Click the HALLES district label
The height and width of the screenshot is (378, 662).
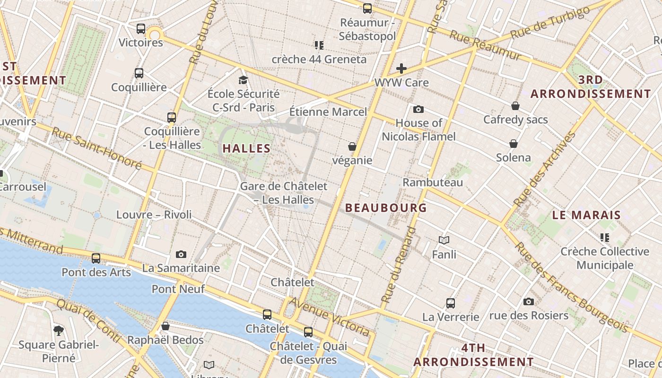tap(246, 148)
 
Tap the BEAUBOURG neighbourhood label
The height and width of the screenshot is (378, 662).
tap(386, 208)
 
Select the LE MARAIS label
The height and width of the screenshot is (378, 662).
tap(586, 215)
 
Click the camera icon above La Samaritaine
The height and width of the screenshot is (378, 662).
tap(181, 255)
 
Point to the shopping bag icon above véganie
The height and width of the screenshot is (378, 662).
tap(352, 146)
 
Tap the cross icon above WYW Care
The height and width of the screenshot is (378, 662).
tap(401, 69)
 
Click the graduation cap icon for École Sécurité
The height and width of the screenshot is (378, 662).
tap(243, 80)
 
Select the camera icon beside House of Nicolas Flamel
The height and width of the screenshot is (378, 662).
tap(418, 110)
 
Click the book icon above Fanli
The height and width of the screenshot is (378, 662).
tap(444, 241)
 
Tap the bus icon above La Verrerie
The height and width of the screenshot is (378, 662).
tap(451, 303)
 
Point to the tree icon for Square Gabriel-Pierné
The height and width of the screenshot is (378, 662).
tap(59, 330)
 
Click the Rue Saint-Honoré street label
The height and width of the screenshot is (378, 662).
tap(96, 148)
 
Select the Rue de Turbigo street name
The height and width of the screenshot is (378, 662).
tap(550, 22)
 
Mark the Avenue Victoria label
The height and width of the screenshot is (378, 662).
tap(330, 317)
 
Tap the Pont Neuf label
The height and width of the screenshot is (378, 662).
tap(178, 289)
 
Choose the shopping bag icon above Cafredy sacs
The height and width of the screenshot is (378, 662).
tap(515, 106)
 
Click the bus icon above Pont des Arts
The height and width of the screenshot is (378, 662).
tap(96, 258)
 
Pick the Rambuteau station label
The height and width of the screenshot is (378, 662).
tap(433, 182)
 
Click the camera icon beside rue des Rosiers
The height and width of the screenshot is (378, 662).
tap(528, 301)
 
